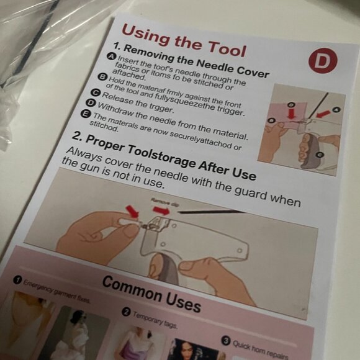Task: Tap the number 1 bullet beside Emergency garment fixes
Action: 18,279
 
